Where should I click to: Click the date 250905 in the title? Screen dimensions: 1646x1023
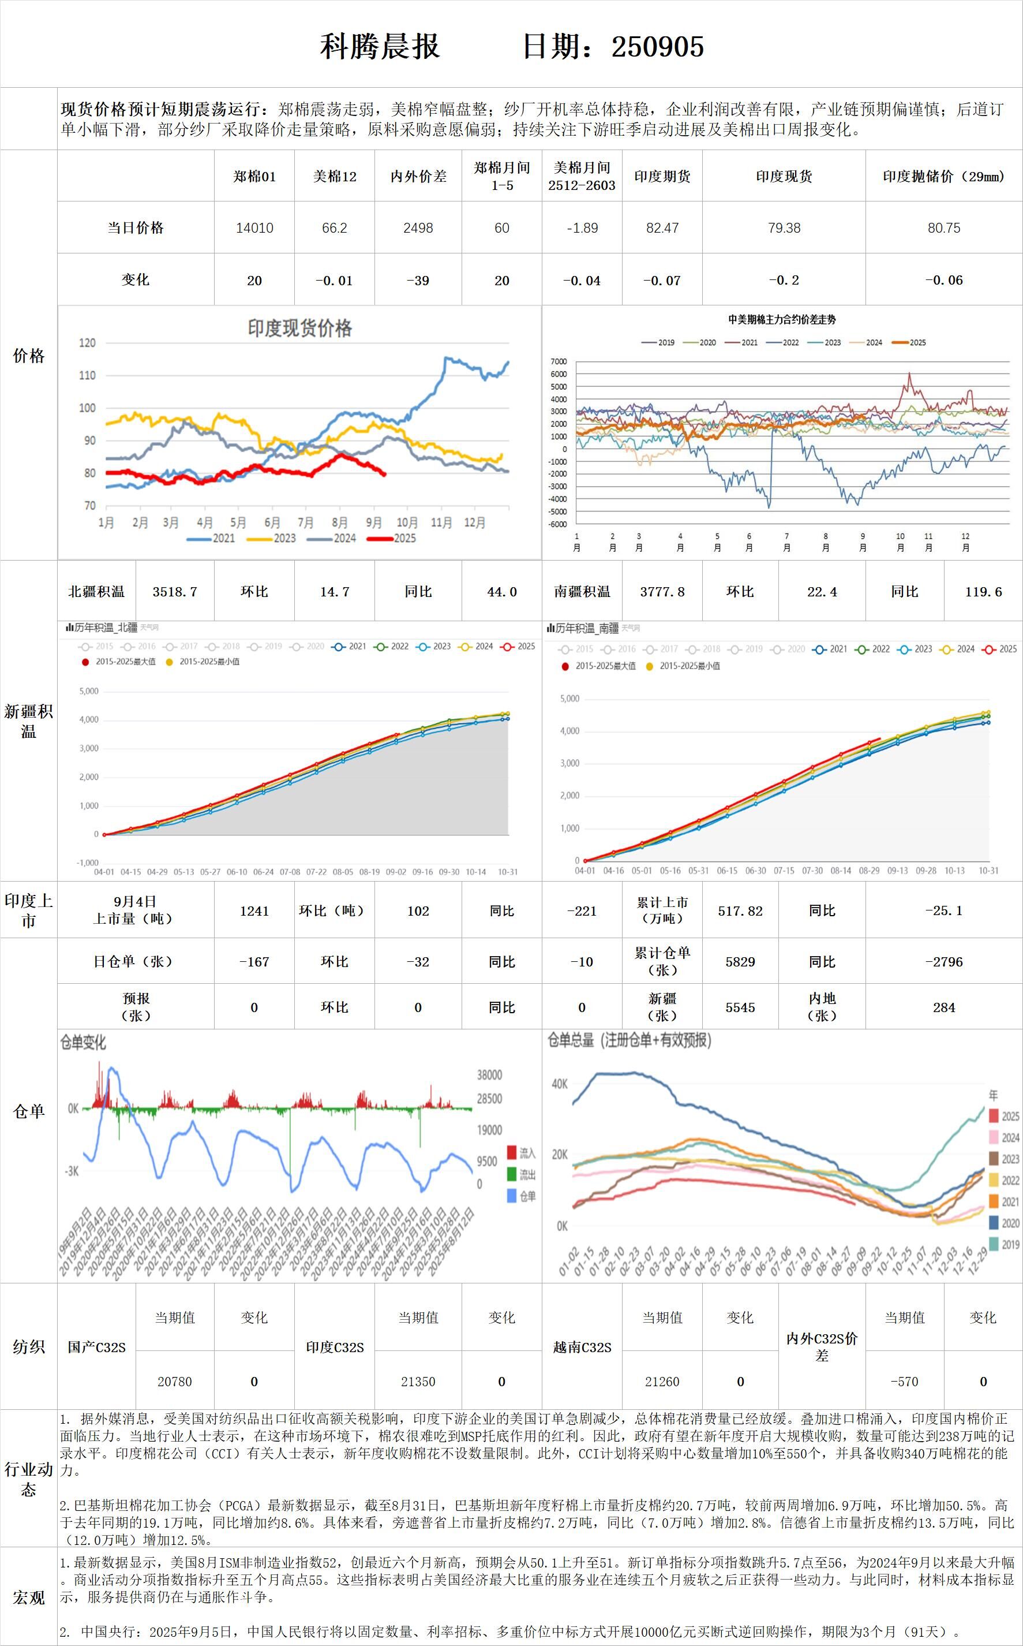(657, 47)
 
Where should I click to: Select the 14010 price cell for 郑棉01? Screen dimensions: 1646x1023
(254, 228)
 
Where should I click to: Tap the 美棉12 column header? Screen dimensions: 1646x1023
(334, 177)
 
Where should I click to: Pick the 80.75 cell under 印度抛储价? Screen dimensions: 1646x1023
(943, 228)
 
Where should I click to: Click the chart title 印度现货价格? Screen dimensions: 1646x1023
(299, 329)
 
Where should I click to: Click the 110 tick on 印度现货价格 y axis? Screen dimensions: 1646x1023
(87, 375)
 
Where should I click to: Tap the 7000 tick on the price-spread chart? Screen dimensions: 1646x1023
(558, 362)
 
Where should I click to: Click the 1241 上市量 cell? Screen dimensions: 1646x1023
(254, 911)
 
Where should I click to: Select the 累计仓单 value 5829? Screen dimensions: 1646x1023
(740, 962)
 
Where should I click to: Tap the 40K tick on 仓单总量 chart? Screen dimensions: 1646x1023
(560, 1084)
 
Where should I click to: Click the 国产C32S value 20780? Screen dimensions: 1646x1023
(175, 1382)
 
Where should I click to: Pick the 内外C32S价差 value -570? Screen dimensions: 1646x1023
(904, 1382)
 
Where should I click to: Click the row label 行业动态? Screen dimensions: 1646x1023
(28, 1479)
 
